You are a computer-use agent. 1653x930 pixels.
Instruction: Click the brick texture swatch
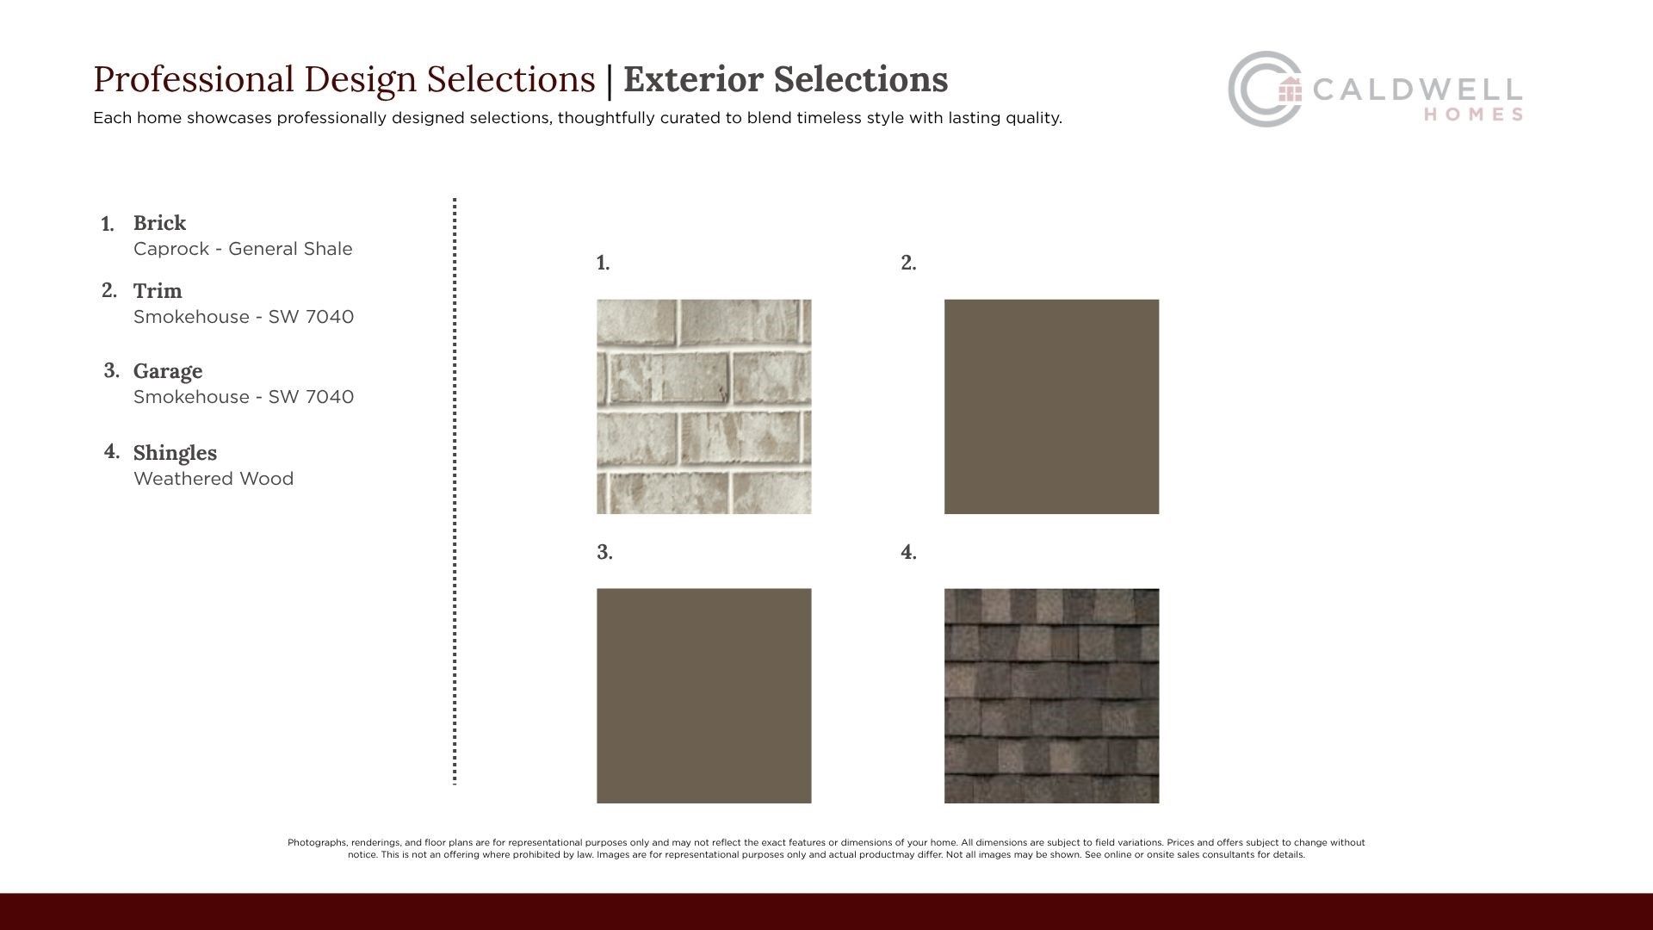click(703, 406)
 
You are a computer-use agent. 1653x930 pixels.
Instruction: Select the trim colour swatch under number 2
click(1051, 406)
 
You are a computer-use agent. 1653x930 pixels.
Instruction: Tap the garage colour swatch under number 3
click(703, 696)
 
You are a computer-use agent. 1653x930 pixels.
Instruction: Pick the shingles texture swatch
click(1051, 696)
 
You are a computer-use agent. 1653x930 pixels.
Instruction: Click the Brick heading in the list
click(159, 223)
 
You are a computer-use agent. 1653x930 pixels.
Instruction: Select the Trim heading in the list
click(158, 291)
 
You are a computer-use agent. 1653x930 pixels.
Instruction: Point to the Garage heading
click(168, 371)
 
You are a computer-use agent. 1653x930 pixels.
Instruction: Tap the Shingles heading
click(175, 453)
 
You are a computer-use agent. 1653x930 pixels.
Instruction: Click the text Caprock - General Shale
click(243, 249)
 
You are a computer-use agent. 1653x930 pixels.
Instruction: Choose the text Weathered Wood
click(214, 479)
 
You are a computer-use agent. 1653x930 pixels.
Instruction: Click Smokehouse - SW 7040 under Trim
click(244, 317)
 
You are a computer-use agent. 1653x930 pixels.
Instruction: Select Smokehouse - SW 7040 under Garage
click(244, 397)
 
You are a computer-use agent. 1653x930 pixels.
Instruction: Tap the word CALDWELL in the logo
click(1417, 90)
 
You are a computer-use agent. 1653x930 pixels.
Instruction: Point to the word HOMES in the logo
click(1473, 115)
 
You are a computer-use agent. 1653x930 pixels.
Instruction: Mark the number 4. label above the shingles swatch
click(908, 552)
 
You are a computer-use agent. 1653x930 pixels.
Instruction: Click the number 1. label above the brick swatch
click(603, 263)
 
